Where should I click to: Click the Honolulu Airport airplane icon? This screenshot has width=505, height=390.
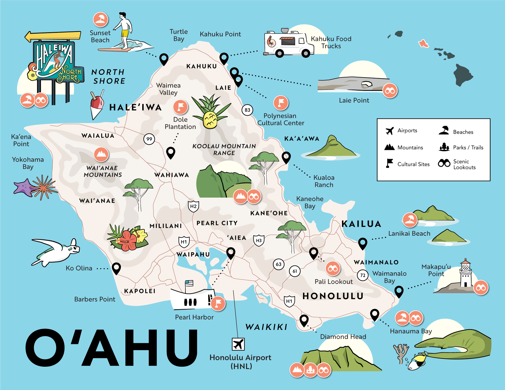point(238,344)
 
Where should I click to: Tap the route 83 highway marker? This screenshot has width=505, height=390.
point(247,110)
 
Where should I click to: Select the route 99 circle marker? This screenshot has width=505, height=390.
point(149,139)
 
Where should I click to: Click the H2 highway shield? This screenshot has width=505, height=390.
point(193,206)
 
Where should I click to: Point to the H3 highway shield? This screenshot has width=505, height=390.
point(259,241)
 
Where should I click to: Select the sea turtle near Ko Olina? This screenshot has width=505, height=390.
point(56,251)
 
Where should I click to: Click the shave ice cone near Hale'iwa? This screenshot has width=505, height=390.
point(97,105)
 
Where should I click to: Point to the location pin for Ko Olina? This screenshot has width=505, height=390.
point(116,268)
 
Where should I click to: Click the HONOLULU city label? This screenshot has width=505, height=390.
point(333,296)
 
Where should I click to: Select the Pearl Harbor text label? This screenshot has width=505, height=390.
point(194,317)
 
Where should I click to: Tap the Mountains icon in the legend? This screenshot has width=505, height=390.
point(389,147)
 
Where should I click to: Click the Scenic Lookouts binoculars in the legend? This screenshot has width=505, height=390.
point(444,163)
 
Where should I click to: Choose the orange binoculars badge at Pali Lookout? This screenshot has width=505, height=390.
point(333,269)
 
